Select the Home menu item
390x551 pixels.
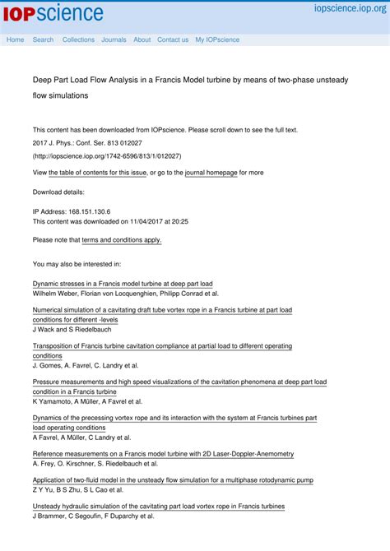point(16,39)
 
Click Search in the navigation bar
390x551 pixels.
point(43,39)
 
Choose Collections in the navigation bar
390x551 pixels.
point(78,39)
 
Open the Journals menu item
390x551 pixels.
point(114,39)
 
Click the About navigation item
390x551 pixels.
point(142,39)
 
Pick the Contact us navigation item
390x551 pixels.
point(173,39)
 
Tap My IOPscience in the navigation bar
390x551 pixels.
point(217,39)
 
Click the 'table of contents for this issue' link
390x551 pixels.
point(98,173)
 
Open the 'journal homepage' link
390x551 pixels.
point(211,173)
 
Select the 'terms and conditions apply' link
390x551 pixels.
point(122,240)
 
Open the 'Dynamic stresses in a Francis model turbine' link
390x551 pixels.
point(123,283)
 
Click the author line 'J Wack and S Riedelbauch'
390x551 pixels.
point(72,329)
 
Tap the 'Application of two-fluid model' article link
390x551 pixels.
point(173,479)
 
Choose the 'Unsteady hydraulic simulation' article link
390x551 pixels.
point(159,507)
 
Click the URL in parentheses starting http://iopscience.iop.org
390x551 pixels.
point(107,155)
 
